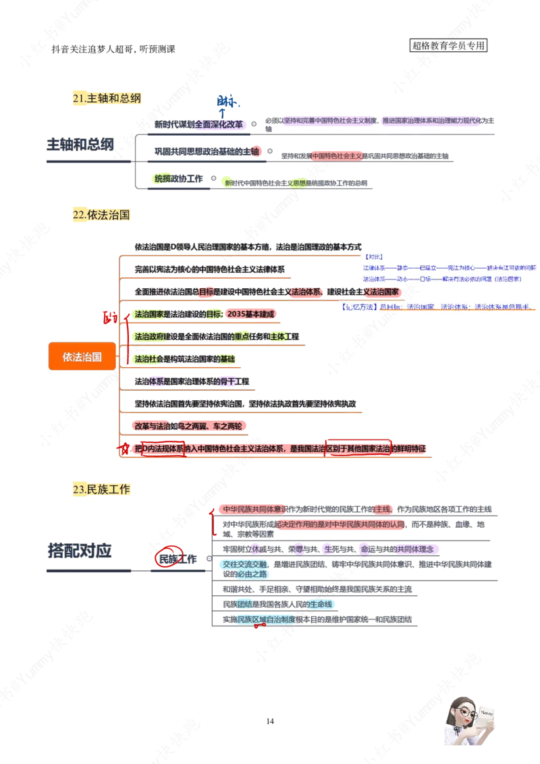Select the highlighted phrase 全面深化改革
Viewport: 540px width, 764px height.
point(219,124)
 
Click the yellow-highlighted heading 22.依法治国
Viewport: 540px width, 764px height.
point(100,215)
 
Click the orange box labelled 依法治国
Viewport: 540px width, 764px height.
point(82,356)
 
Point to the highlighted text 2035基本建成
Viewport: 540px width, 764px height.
point(250,314)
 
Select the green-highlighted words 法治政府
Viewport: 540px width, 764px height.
point(149,336)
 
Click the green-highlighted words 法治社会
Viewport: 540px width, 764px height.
point(149,358)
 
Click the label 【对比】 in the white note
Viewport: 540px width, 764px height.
point(373,256)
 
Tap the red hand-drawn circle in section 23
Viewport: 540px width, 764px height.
point(165,557)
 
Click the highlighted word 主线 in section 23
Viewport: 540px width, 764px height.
point(382,508)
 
